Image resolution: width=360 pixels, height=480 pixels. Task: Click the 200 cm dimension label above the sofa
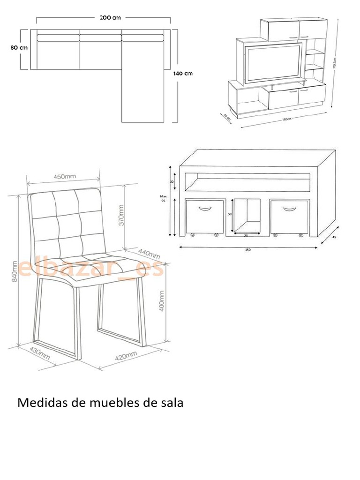(110, 18)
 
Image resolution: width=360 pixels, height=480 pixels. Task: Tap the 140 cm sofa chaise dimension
(183, 73)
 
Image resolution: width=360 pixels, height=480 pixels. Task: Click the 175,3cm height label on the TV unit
(334, 60)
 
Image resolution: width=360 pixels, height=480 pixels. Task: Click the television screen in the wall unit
(274, 62)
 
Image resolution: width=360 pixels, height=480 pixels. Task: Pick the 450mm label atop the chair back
(65, 177)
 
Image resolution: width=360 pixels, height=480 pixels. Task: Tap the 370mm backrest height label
(121, 215)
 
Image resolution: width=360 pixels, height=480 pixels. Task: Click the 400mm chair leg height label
(162, 300)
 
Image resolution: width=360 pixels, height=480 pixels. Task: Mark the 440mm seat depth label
(149, 253)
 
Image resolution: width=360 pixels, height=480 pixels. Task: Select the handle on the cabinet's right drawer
(290, 209)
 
